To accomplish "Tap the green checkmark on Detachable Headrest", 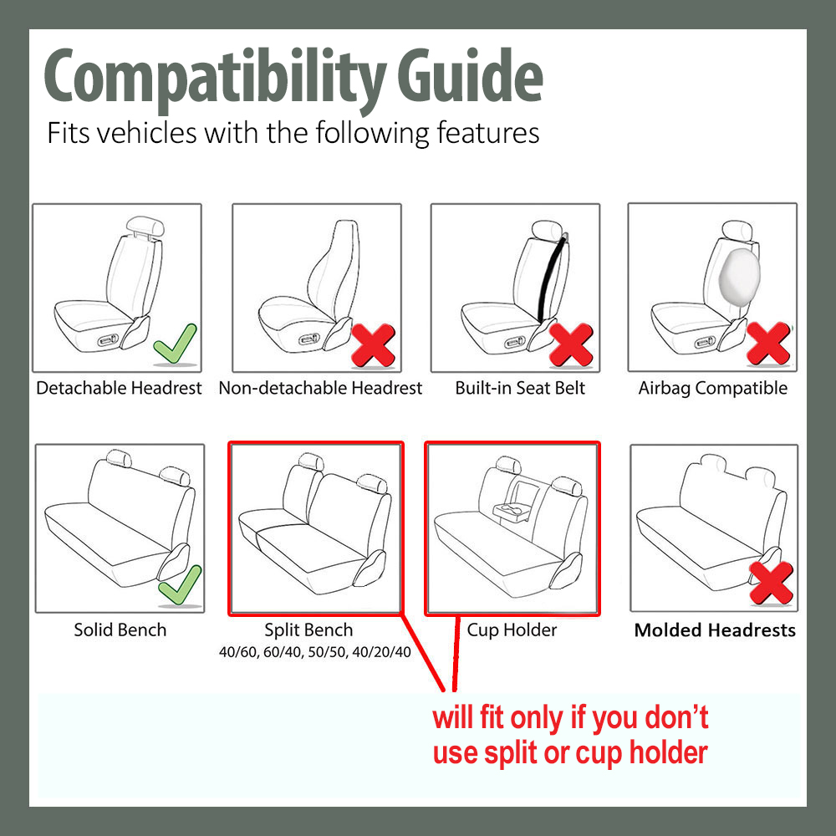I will pyautogui.click(x=176, y=344).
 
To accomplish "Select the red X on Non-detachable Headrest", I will pyautogui.click(x=373, y=344).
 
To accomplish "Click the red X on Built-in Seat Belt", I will pyautogui.click(x=571, y=344).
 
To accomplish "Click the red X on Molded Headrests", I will pyautogui.click(x=771, y=583).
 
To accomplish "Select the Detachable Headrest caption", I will pyautogui.click(x=119, y=388).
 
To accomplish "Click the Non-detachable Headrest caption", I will pyautogui.click(x=320, y=388).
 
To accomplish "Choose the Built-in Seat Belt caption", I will pyautogui.click(x=520, y=388).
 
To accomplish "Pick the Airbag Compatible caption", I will pyautogui.click(x=712, y=388).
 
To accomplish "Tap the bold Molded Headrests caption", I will pyautogui.click(x=715, y=630).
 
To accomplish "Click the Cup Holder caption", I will pyautogui.click(x=512, y=630).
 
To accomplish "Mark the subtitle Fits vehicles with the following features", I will pyautogui.click(x=293, y=133).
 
